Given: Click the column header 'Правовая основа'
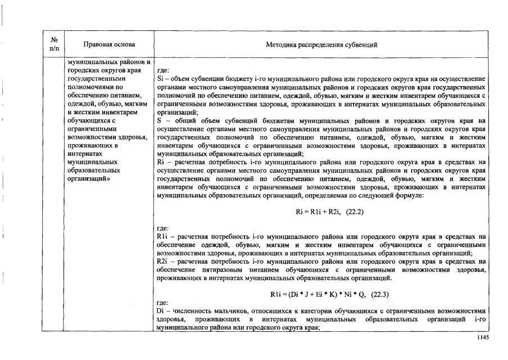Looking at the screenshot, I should [x=110, y=44].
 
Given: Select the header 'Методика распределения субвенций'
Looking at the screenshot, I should [x=321, y=44].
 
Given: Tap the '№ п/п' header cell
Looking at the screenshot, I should [x=55, y=44].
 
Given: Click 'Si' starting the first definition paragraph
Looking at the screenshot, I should [x=161, y=79].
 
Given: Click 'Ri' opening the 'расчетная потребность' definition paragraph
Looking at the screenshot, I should [x=161, y=161].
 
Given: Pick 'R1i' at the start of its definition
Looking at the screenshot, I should [x=162, y=237].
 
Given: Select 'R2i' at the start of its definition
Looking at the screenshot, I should [x=162, y=262].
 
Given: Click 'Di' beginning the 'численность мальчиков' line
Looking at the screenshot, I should [x=161, y=311].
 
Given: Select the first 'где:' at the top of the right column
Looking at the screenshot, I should [x=164, y=71].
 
